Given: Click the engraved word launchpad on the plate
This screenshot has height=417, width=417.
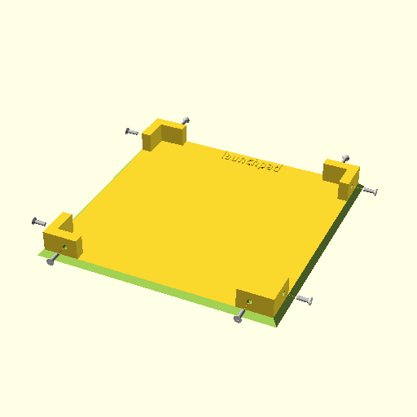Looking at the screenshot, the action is [252, 162].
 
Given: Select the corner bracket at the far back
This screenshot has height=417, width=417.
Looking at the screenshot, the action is [164, 134].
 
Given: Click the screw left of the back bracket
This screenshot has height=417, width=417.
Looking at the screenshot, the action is [132, 132].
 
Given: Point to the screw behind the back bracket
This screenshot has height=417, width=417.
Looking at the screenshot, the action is [186, 121].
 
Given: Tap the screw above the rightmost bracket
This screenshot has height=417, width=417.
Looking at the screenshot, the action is [345, 158].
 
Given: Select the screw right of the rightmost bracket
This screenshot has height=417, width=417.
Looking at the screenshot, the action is [371, 191].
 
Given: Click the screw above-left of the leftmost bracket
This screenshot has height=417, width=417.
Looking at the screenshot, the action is [39, 222].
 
